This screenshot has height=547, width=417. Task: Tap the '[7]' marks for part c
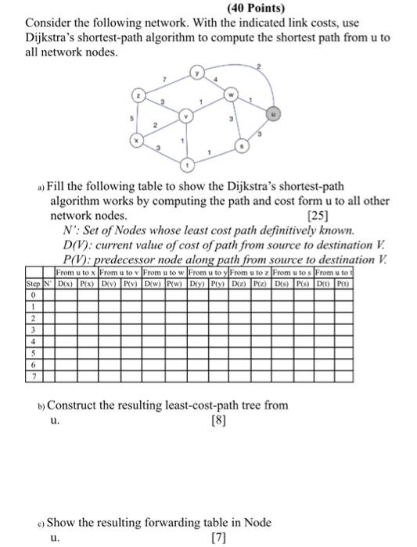[x=222, y=538]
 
